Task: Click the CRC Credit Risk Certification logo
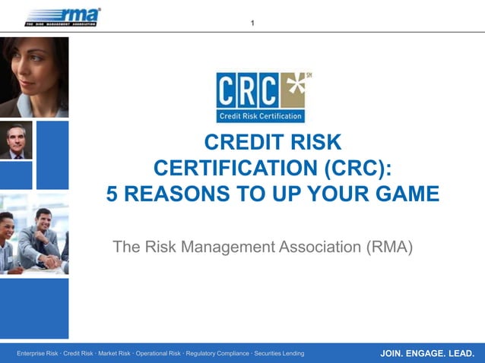263,97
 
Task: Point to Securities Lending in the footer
279,354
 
